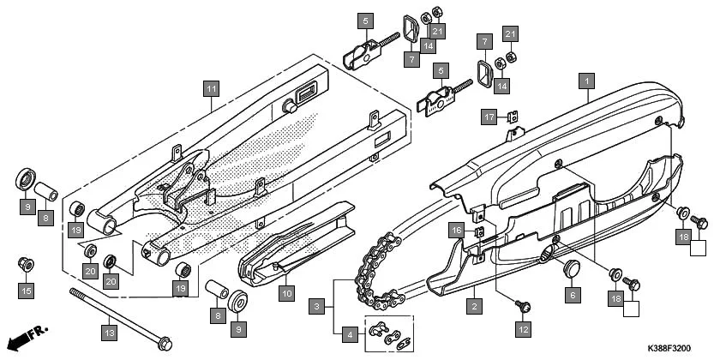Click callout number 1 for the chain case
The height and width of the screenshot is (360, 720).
coord(586,81)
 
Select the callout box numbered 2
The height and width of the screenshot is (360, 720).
coord(471,303)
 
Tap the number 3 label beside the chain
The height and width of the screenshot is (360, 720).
coord(317,306)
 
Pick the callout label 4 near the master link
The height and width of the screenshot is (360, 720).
coord(348,333)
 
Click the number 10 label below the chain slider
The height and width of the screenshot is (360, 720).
coord(286,292)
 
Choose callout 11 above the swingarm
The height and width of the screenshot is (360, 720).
coord(211,87)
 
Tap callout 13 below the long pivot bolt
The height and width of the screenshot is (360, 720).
coord(108,331)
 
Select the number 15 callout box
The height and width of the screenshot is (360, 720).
coord(26,291)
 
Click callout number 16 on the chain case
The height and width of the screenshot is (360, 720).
coord(457,230)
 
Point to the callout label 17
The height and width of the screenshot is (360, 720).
coord(488,117)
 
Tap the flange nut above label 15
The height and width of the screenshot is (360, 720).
coord(26,263)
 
